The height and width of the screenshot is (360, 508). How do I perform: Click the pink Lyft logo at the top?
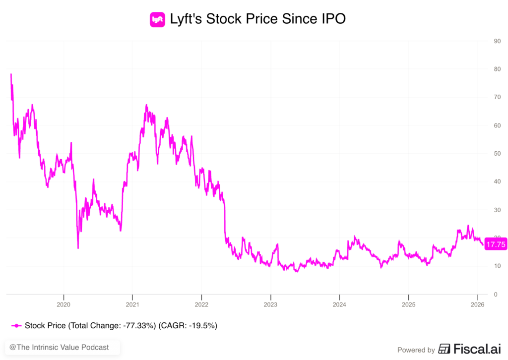coord(157,20)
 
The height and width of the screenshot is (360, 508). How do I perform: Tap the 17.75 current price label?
coord(496,244)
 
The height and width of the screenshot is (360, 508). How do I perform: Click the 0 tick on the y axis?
coord(495,295)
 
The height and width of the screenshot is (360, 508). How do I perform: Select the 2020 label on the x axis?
coord(63,303)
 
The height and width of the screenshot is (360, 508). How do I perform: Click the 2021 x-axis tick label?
coord(132,303)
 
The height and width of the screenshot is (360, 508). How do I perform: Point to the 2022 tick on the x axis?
coord(201,303)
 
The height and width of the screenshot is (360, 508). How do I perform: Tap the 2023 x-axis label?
coord(270,303)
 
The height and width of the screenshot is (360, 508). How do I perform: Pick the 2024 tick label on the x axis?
coord(339,303)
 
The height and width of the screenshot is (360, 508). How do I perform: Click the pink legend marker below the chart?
coord(16,326)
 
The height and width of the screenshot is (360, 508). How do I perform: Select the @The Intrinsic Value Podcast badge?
coord(63,348)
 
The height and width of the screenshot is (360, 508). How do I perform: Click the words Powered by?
coord(416,350)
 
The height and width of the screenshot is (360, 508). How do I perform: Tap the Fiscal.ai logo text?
coord(471,349)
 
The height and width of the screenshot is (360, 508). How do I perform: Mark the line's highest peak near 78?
coord(11,74)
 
